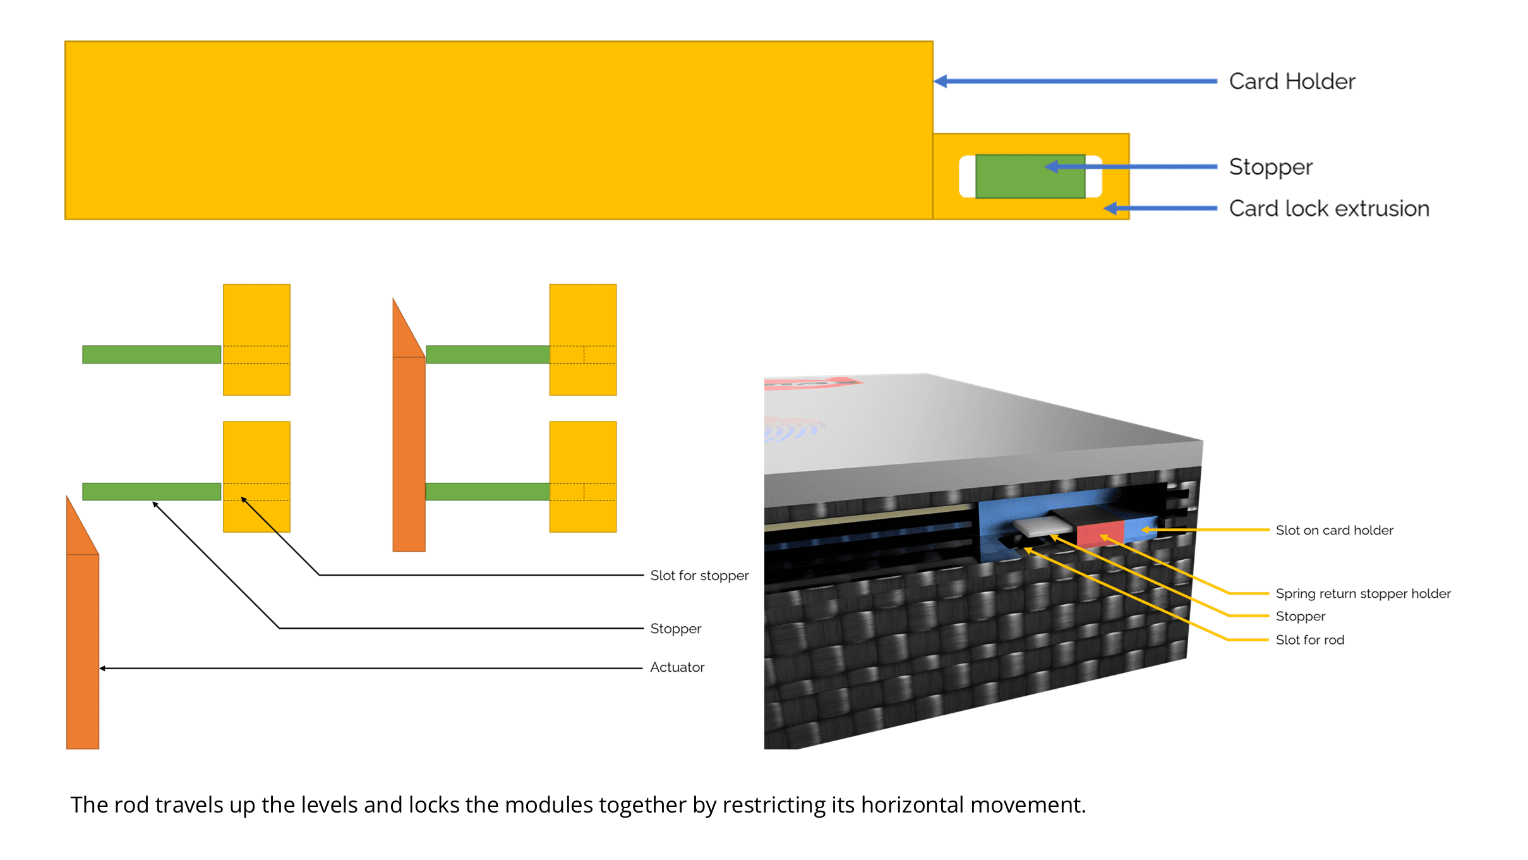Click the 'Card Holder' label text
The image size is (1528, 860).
click(1292, 82)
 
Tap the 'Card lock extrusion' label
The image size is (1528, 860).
click(1328, 209)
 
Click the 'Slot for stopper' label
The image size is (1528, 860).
click(699, 576)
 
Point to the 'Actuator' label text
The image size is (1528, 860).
click(677, 667)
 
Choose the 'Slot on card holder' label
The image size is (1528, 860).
click(1334, 530)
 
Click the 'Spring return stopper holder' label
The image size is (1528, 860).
click(1363, 593)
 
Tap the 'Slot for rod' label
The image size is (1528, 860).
click(1309, 639)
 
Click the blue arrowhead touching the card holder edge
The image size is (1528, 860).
click(941, 82)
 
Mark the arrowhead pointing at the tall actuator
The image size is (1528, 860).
click(103, 668)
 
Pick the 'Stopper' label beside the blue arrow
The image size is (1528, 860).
click(1270, 167)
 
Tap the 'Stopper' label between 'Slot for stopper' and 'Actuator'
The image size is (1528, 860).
click(675, 629)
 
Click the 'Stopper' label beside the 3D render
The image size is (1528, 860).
click(1300, 616)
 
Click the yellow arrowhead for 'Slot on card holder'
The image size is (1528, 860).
click(1146, 530)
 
